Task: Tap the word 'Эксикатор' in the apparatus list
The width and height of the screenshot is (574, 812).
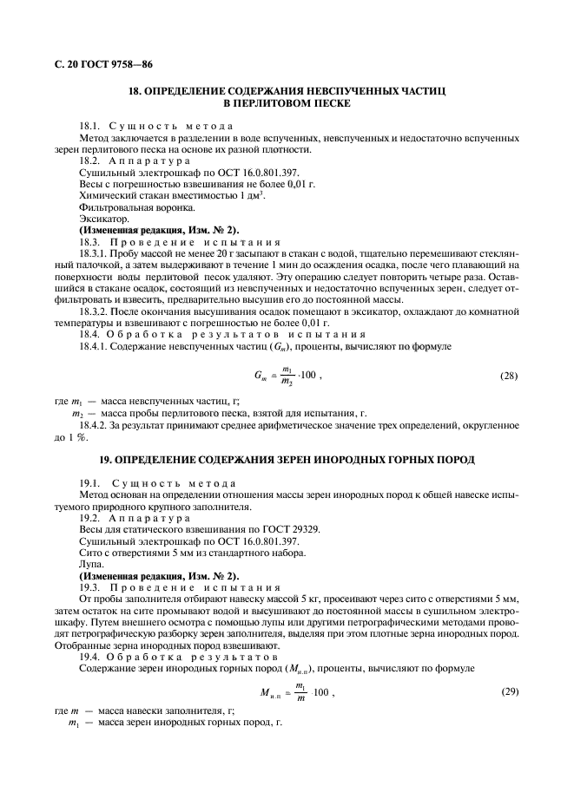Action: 100,220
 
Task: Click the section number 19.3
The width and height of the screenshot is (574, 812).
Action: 89,586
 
